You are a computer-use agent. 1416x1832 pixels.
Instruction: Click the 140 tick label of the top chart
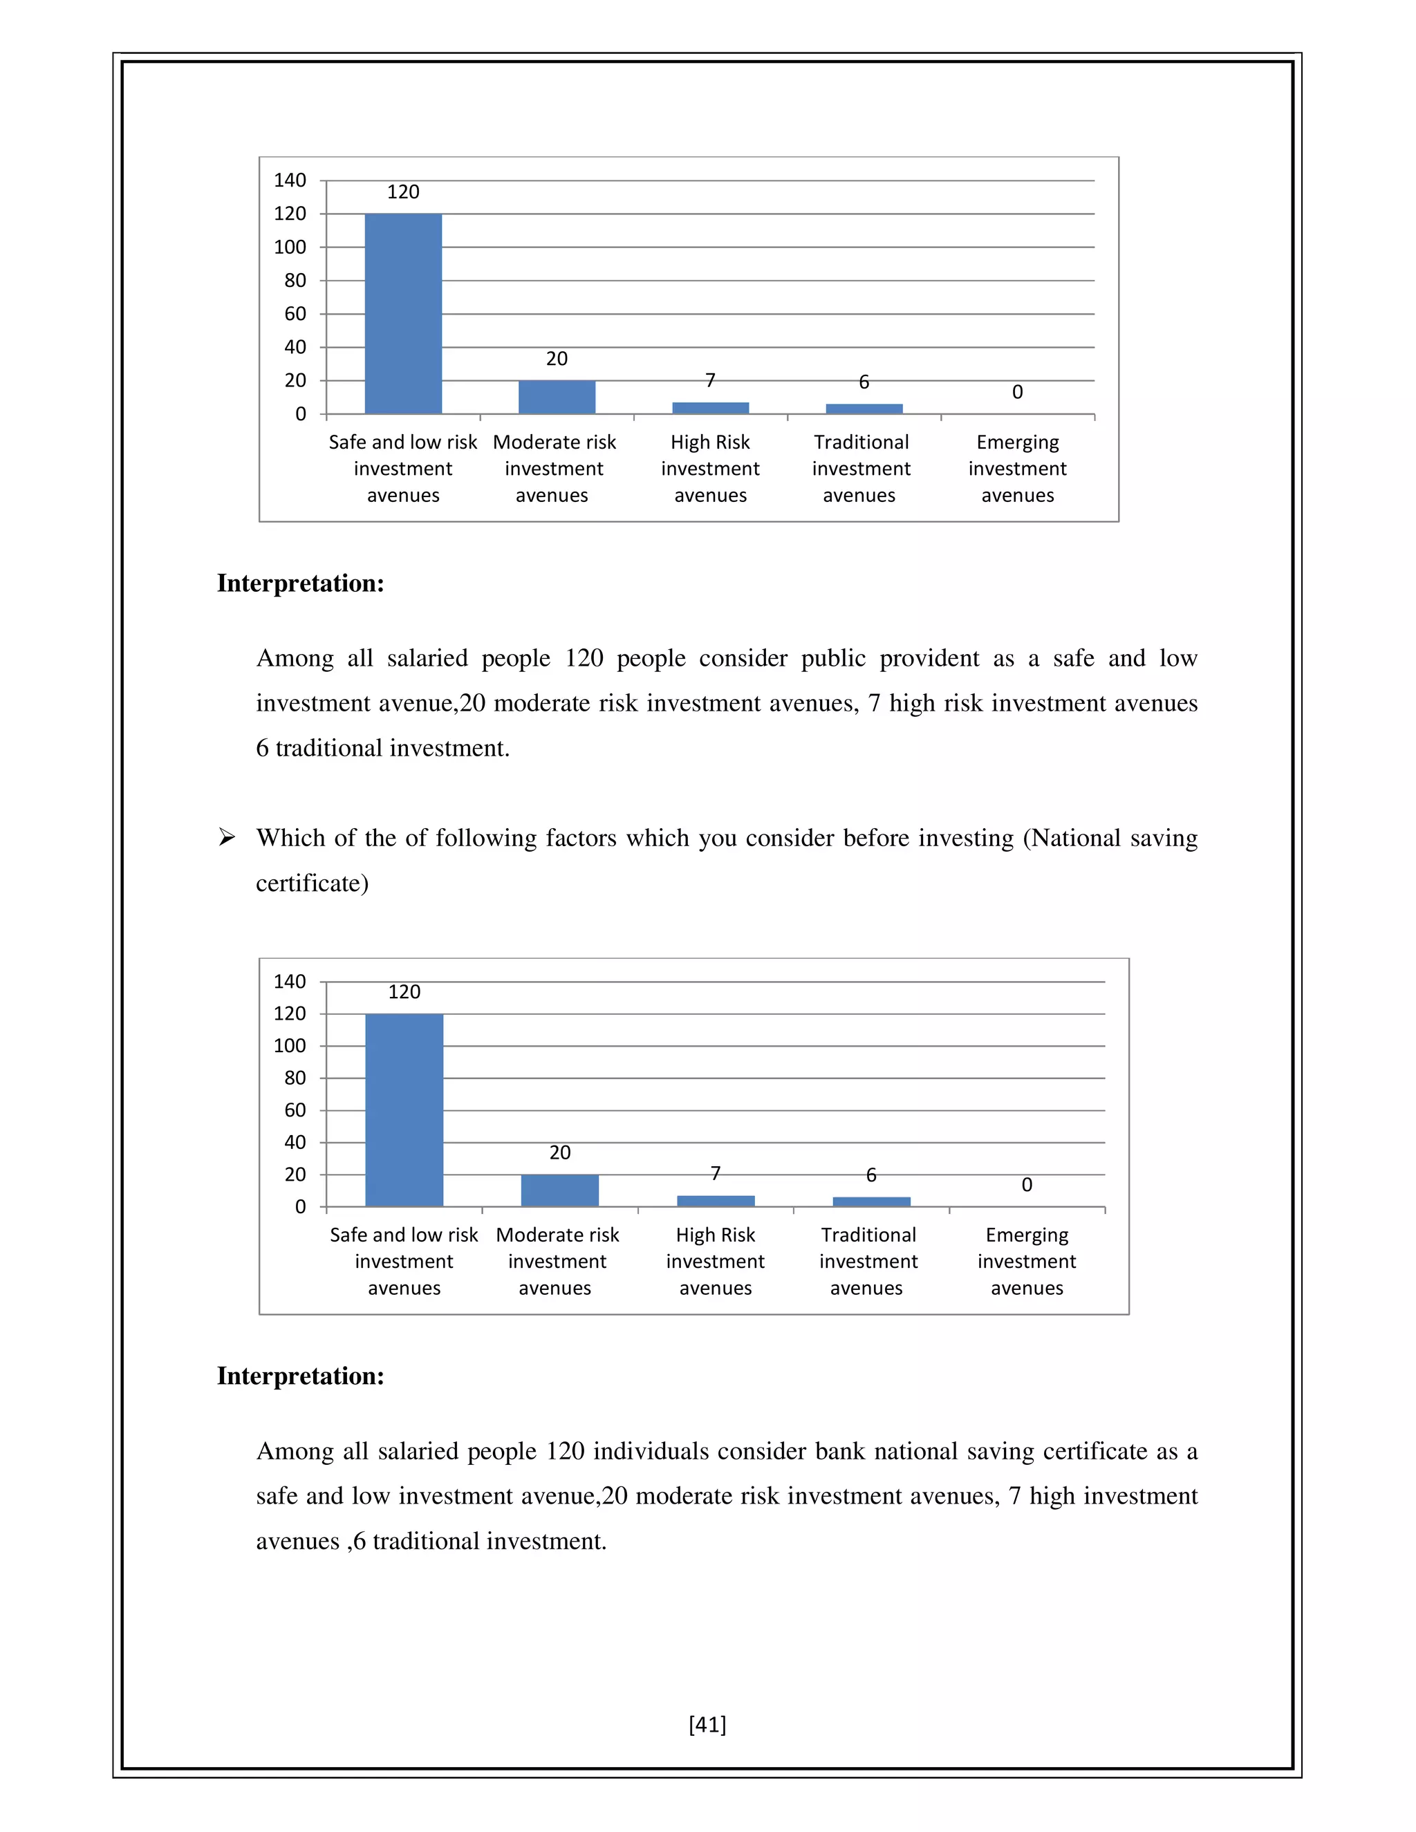[x=290, y=180]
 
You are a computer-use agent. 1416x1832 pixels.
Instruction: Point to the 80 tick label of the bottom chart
[x=295, y=1078]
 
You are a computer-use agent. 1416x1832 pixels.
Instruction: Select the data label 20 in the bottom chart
[x=559, y=1152]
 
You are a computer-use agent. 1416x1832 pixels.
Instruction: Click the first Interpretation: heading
[x=300, y=583]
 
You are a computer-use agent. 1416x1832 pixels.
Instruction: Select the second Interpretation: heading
[x=300, y=1376]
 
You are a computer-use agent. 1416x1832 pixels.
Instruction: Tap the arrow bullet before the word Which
[x=227, y=837]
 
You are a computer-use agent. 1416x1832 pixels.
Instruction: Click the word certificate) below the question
[x=312, y=884]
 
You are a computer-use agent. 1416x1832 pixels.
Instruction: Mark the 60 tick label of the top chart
[x=295, y=314]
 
